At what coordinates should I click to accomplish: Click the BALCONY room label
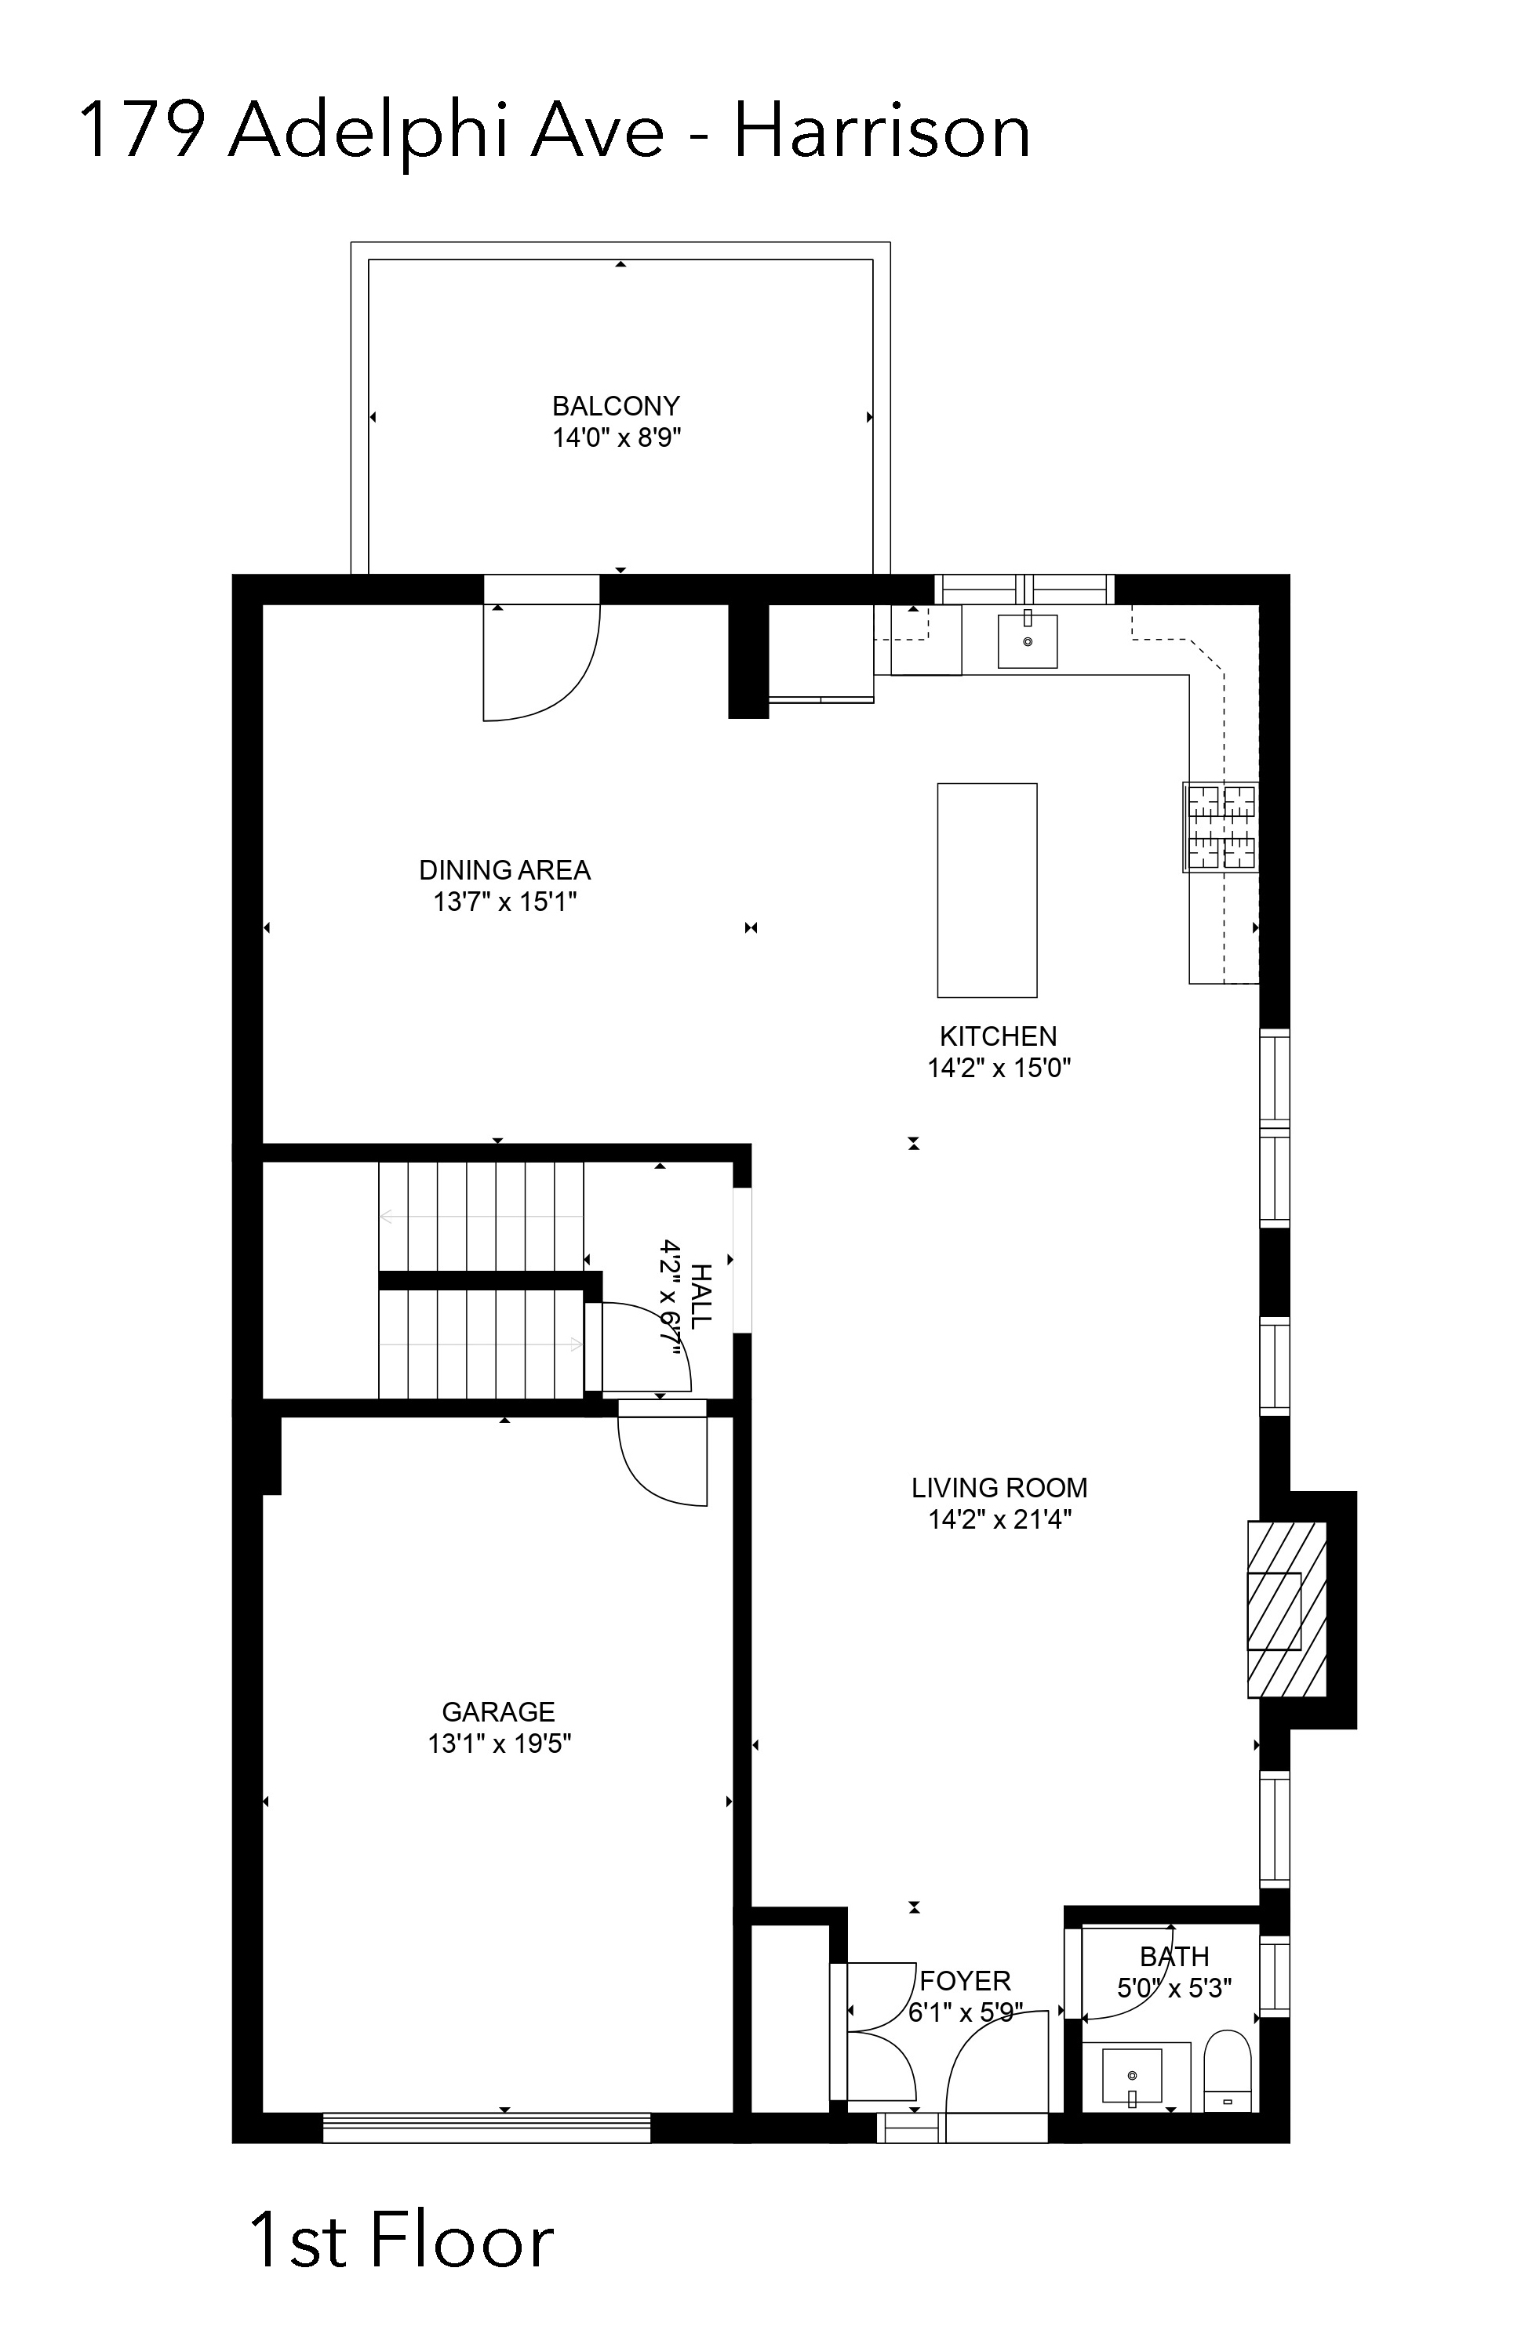pyautogui.click(x=616, y=406)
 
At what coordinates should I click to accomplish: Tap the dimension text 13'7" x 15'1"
pyautogui.click(x=504, y=902)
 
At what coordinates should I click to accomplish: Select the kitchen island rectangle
pyautogui.click(x=986, y=889)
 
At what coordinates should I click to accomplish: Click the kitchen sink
pyautogui.click(x=1027, y=641)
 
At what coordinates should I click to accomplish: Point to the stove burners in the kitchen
pyautogui.click(x=1221, y=827)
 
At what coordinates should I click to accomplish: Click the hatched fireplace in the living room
pyautogui.click(x=1286, y=1609)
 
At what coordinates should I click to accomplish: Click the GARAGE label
pyautogui.click(x=499, y=1711)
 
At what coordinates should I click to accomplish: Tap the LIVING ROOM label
pyautogui.click(x=999, y=1487)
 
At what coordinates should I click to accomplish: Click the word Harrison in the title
pyautogui.click(x=882, y=131)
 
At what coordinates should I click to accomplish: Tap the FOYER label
pyautogui.click(x=966, y=1980)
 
